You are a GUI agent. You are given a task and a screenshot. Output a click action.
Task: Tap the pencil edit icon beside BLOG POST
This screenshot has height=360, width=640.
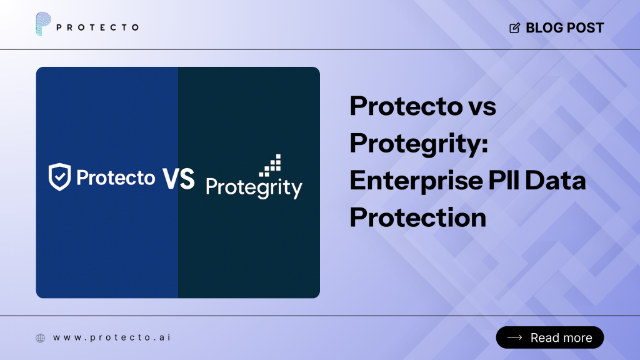pos(515,28)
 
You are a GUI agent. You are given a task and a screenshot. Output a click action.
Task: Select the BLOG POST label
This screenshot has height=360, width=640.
pos(565,28)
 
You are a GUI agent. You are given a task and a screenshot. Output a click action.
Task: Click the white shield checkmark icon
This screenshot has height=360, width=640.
pos(59,177)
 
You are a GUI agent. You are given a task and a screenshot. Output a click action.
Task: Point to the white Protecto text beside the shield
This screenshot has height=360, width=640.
pos(116,178)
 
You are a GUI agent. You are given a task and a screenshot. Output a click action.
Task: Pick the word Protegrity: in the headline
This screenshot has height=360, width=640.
pos(417,144)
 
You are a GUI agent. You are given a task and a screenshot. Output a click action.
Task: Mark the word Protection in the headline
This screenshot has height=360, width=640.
pos(417,217)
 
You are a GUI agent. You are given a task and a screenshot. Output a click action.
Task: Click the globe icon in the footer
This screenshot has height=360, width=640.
pos(41,337)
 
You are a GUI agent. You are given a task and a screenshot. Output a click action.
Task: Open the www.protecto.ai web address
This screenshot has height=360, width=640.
pos(112,337)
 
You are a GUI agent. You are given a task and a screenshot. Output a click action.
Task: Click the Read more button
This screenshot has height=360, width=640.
pos(550,337)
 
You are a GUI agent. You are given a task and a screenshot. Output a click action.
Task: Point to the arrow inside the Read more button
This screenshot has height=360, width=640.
pos(515,337)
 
